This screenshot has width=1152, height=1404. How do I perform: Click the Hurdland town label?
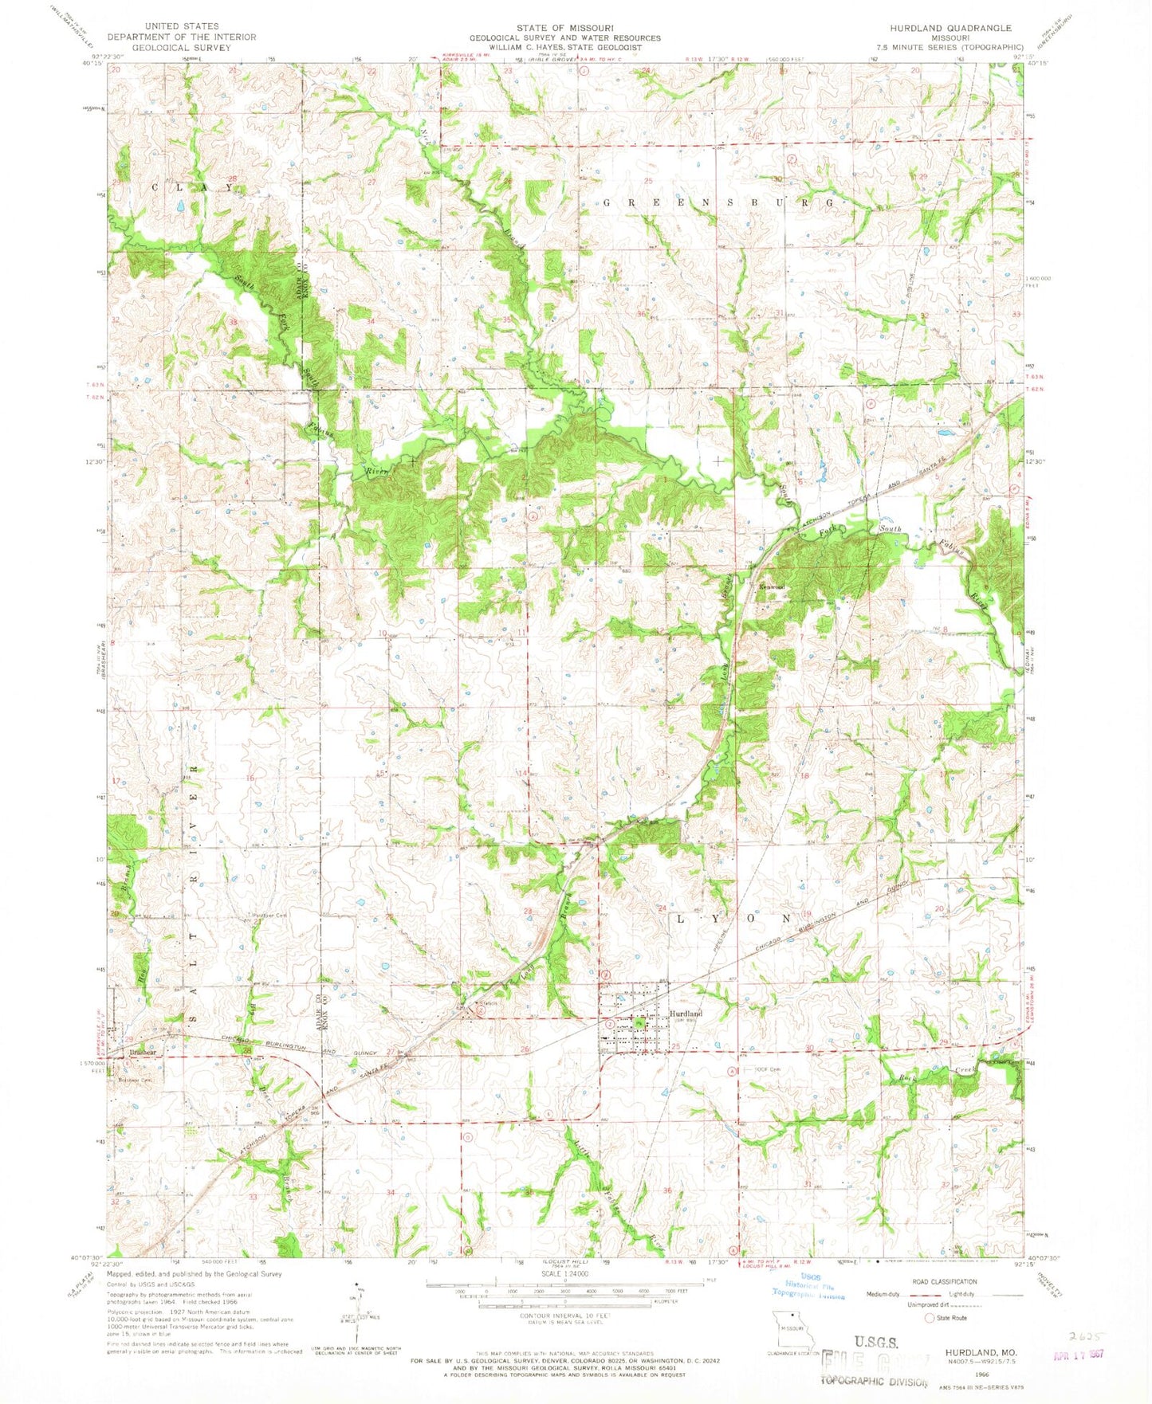(x=685, y=1014)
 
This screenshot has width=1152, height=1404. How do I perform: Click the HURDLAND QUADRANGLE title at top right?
(x=945, y=28)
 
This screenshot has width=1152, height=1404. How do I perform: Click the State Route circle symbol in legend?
(x=929, y=1317)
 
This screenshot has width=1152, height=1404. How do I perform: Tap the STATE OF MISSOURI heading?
(x=564, y=28)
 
